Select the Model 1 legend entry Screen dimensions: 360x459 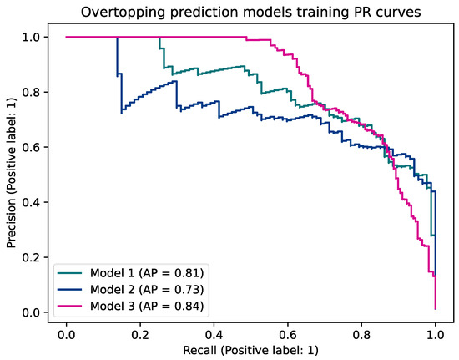point(147,272)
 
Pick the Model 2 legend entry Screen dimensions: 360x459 point(147,289)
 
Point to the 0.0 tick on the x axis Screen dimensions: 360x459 point(66,332)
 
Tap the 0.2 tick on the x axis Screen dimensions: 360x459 point(140,332)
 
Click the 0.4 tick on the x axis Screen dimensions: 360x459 point(214,332)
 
